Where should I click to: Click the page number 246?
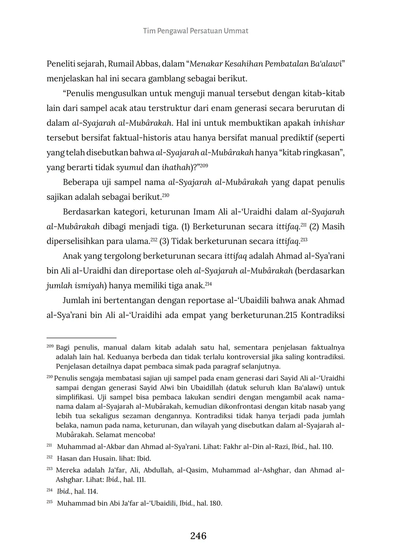(x=198, y=536)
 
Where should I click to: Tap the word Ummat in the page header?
(x=236, y=31)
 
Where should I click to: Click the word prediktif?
(x=290, y=138)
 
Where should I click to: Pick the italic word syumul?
(x=130, y=167)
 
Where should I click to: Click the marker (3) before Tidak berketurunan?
(x=164, y=241)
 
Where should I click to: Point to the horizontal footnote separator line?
(x=81, y=338)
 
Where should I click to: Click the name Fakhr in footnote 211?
(x=232, y=447)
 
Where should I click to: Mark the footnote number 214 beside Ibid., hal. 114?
(x=49, y=491)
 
